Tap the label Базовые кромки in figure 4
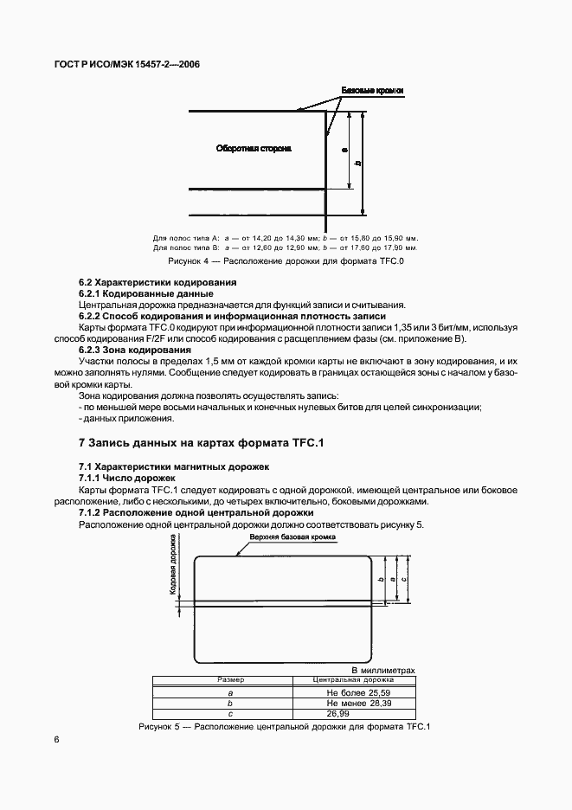373,90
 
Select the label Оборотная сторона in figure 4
254,149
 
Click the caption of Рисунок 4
286,260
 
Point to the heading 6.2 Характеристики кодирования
157,282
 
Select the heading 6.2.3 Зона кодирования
135,350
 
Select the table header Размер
231,681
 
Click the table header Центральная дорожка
344,681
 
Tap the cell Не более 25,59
344,693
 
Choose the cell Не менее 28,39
344,704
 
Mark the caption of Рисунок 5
285,727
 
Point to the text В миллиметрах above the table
382,670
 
